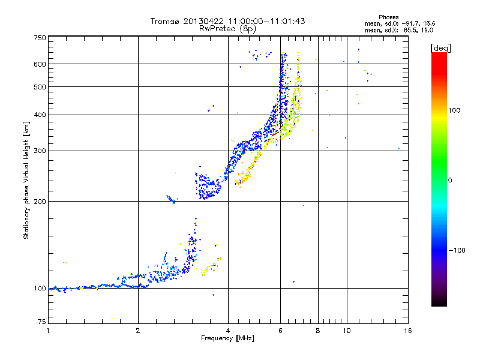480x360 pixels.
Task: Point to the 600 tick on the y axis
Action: click(40, 64)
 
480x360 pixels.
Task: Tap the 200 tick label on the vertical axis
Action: click(40, 201)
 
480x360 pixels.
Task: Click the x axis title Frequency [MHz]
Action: click(227, 338)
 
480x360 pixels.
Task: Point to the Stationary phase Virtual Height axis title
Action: click(26, 180)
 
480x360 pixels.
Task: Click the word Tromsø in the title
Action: click(165, 21)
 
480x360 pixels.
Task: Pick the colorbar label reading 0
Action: click(451, 180)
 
